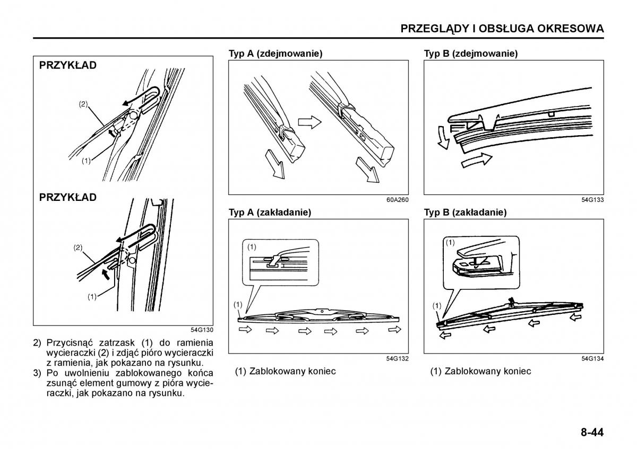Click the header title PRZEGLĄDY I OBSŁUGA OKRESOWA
502,29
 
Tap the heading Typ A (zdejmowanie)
276,54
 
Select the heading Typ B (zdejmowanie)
471,54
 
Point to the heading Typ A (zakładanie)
270,212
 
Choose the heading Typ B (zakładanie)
465,212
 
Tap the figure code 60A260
398,200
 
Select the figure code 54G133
593,200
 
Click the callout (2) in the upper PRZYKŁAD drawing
83,104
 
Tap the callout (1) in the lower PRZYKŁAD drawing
92,297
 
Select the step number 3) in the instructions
37,373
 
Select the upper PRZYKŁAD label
68,66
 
